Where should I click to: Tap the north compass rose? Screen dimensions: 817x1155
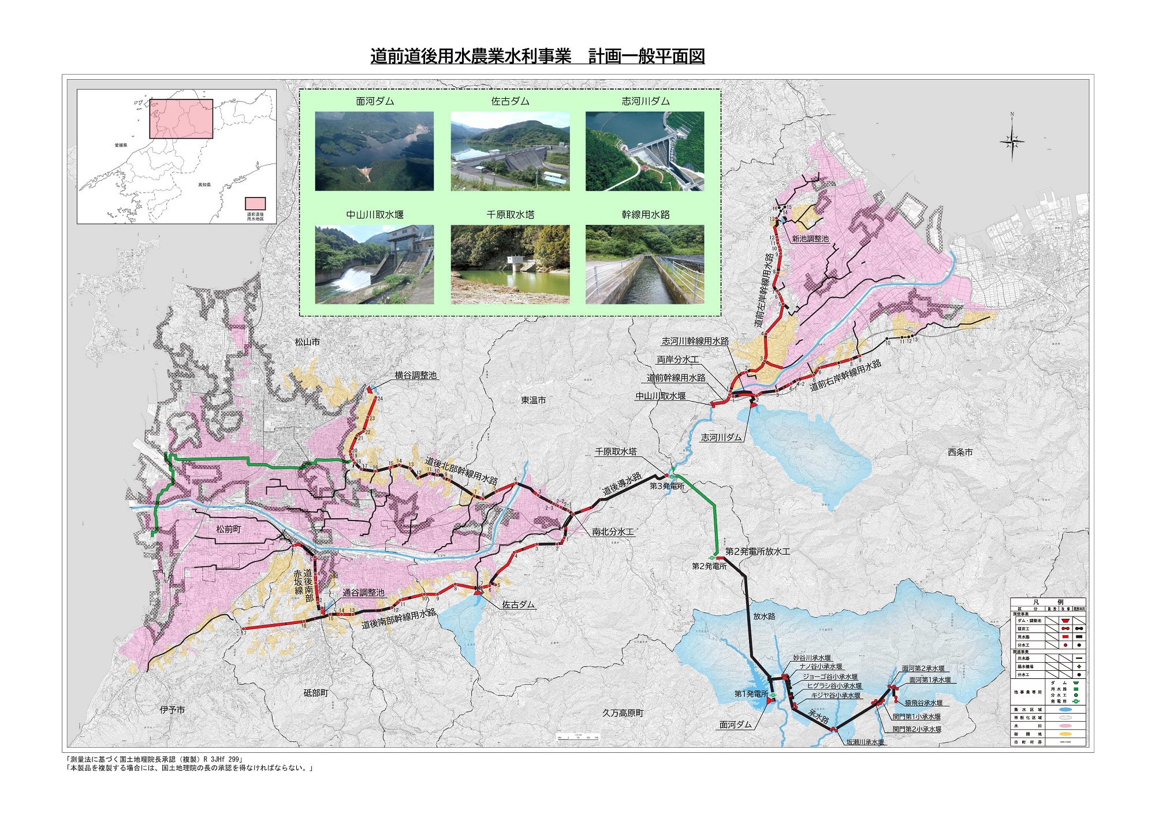coord(1012,140)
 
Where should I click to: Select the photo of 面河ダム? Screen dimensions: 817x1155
coord(374,151)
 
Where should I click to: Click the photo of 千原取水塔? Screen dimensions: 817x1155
coord(510,264)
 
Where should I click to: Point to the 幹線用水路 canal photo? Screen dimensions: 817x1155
coord(645,264)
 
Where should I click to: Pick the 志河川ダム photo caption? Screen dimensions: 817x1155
coord(646,101)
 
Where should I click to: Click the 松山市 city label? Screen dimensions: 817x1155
coord(307,342)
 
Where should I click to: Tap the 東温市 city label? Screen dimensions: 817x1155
coord(533,400)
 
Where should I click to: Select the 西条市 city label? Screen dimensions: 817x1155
coord(960,452)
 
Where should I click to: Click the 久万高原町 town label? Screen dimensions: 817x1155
coord(623,713)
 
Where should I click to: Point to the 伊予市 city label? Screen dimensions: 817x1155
coord(172,710)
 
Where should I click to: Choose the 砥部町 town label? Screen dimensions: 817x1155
coord(316,693)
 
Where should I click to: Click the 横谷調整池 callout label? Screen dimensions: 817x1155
coord(416,376)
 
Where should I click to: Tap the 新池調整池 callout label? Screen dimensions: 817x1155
coord(810,239)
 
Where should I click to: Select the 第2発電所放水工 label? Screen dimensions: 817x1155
coord(758,552)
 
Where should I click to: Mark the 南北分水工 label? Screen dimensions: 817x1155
coord(613,532)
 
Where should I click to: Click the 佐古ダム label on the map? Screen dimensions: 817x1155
coord(518,604)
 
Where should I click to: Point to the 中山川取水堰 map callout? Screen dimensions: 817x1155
coord(661,396)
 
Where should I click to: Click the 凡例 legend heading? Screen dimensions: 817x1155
coord(1048,602)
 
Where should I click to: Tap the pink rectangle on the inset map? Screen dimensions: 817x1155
coord(181,118)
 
